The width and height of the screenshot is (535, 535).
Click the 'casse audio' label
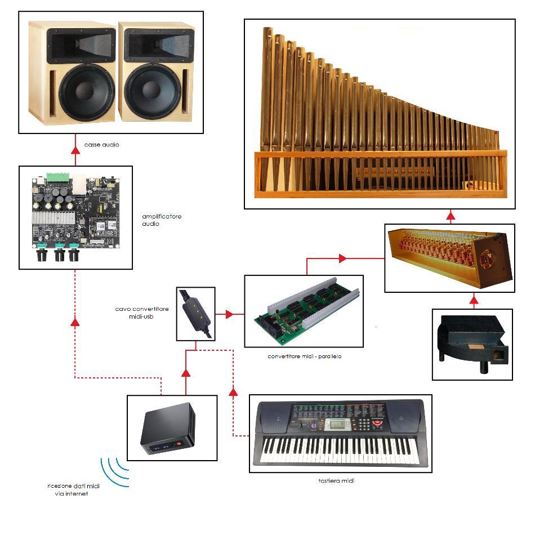[x=101, y=145]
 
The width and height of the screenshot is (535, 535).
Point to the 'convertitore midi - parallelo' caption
[x=305, y=356]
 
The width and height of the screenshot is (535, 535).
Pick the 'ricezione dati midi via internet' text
[x=68, y=489]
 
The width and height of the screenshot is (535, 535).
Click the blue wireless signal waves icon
[x=114, y=472]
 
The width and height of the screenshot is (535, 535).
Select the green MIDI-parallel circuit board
[x=304, y=313]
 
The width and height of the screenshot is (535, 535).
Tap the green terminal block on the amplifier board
[x=59, y=178]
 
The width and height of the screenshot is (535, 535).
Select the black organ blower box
[x=472, y=344]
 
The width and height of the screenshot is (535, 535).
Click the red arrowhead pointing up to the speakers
[x=75, y=150]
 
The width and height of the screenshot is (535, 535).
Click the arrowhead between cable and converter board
[x=229, y=314]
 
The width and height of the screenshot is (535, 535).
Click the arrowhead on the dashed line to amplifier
[x=75, y=322]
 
